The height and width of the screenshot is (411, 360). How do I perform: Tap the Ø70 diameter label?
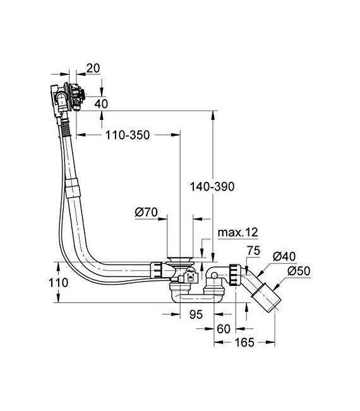click(x=145, y=213)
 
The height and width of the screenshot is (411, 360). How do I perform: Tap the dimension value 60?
click(x=222, y=328)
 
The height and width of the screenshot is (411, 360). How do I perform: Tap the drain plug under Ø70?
click(x=181, y=261)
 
